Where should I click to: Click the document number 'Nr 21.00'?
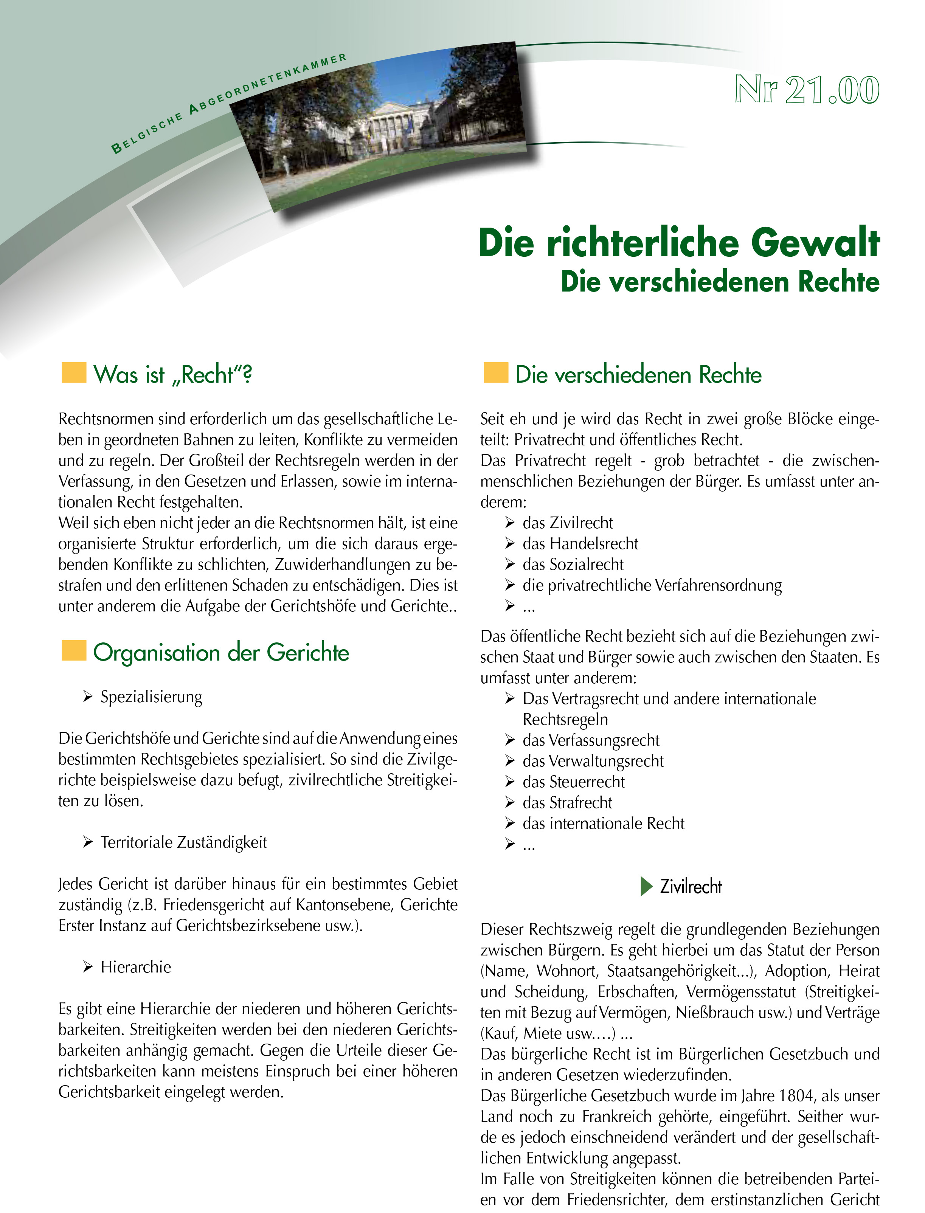pyautogui.click(x=807, y=89)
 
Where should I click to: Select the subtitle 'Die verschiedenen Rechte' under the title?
pyautogui.click(x=720, y=282)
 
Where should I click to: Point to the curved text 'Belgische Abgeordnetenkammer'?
pyautogui.click(x=226, y=102)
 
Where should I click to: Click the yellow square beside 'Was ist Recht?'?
pyautogui.click(x=74, y=372)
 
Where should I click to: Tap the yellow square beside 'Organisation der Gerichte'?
pyautogui.click(x=74, y=650)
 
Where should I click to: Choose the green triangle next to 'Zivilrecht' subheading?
pyautogui.click(x=646, y=886)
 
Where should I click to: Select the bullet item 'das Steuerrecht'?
pyautogui.click(x=573, y=782)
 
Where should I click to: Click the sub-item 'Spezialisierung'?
pyautogui.click(x=151, y=697)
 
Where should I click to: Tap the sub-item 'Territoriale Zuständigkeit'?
pyautogui.click(x=183, y=842)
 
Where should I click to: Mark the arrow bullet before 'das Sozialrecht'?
pyautogui.click(x=510, y=564)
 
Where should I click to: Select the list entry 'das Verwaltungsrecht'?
pyautogui.click(x=593, y=761)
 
